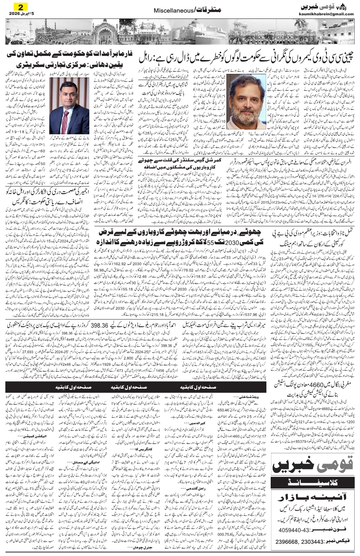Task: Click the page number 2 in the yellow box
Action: (19, 6)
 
